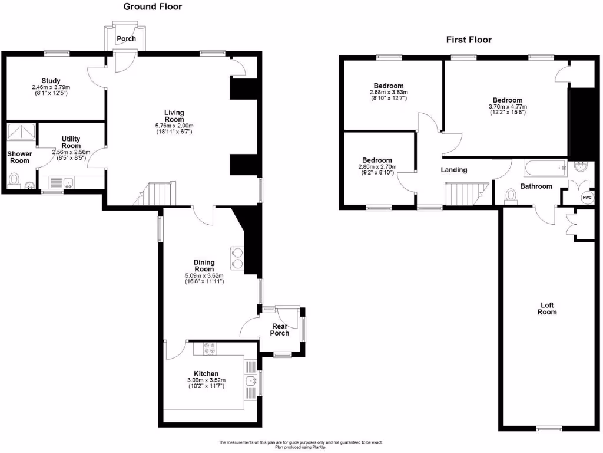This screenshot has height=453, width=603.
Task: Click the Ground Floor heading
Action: [x=153, y=7]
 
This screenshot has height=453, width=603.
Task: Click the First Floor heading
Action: [x=468, y=40]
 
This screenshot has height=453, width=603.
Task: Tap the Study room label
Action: [x=51, y=81]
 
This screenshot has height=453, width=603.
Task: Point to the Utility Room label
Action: [x=71, y=142]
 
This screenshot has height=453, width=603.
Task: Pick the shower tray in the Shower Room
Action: [x=21, y=132]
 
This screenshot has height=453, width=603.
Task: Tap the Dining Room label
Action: [x=204, y=265]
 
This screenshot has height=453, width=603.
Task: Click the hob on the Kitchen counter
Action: [x=209, y=349]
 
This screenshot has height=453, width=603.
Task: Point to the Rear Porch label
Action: [x=280, y=329]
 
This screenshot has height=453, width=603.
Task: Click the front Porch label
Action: [x=126, y=39]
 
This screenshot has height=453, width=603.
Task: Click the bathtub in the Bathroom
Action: [x=545, y=168]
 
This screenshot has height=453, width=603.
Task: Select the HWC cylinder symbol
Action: [x=586, y=198]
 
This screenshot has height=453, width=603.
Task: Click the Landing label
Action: [x=454, y=170]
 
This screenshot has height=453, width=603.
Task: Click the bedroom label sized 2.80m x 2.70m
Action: [x=377, y=160]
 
